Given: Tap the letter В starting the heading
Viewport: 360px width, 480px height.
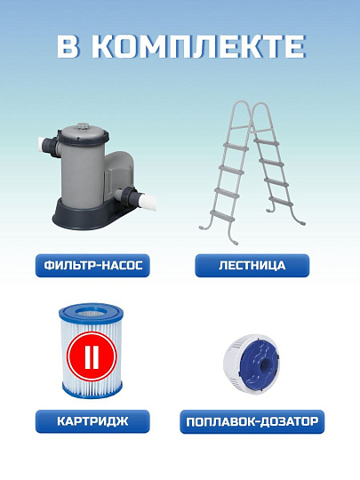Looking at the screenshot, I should (68, 47).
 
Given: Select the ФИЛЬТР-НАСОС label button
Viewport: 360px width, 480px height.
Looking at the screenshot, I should (91, 265).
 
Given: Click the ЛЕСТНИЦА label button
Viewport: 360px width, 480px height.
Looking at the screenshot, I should (252, 265).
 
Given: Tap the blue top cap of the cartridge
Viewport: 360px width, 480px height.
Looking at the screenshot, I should (91, 310).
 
